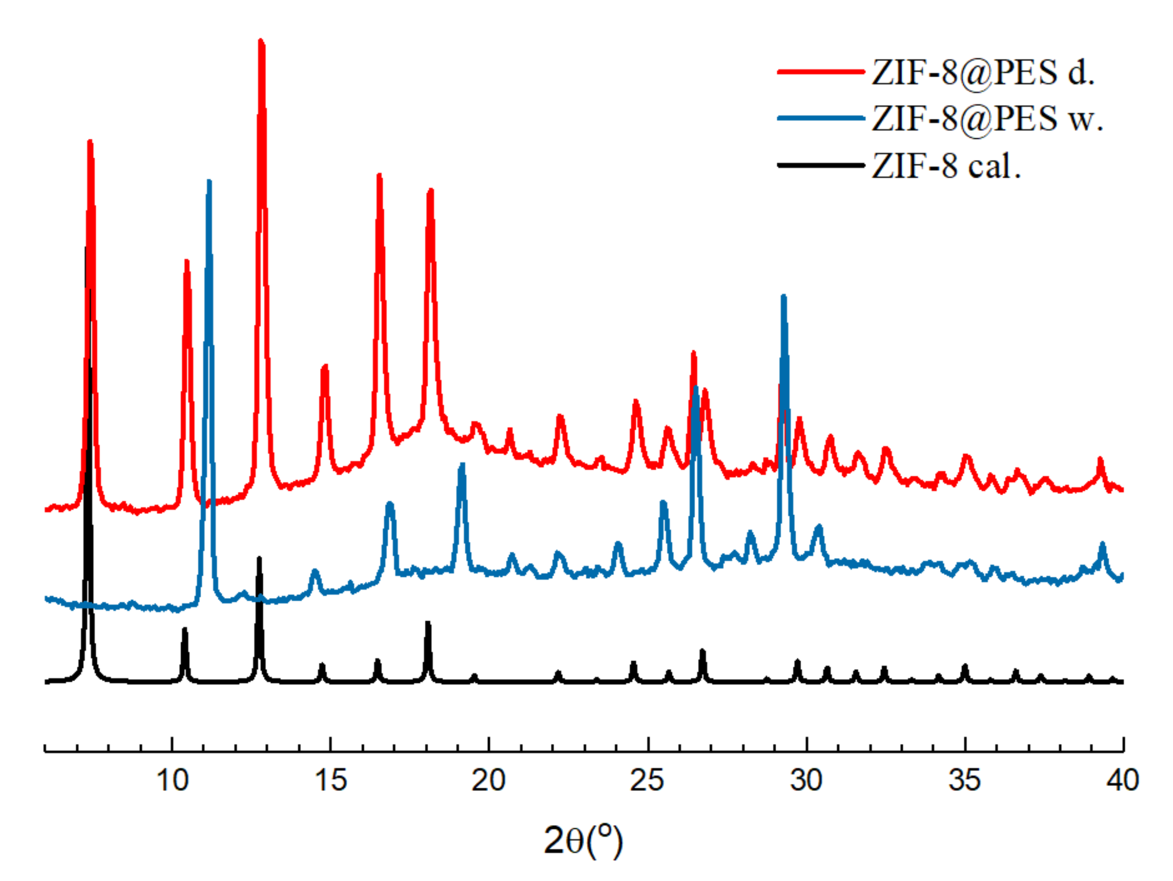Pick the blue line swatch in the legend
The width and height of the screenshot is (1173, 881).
pos(820,118)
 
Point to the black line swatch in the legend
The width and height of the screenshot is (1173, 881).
pos(820,166)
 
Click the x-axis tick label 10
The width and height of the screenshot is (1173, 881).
pos(172,780)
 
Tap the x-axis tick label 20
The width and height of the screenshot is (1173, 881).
pos(488,780)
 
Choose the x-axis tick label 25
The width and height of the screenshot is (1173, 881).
pos(647,780)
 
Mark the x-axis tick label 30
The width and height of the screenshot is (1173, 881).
pos(806,780)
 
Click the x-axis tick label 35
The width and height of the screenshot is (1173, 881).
pos(964,780)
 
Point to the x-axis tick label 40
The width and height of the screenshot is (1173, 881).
pos(1122,780)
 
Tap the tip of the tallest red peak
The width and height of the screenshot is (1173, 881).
pos(261,40)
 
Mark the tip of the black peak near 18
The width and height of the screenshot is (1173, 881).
pos(427,623)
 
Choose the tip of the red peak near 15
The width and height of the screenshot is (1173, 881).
pos(325,366)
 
